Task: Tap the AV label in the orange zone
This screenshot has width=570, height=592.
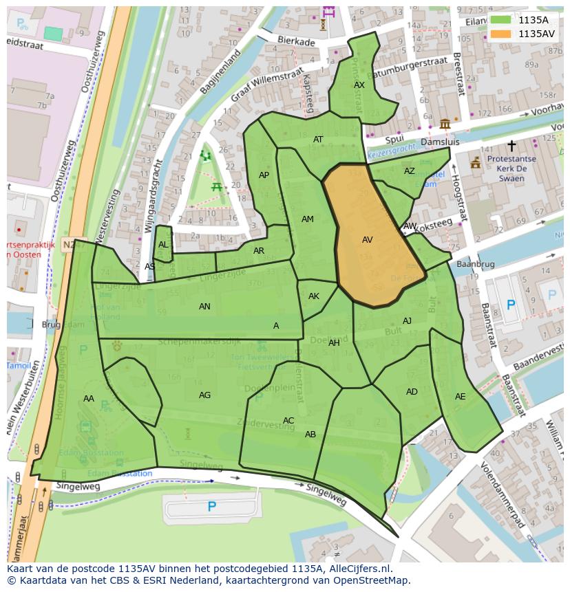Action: click(x=367, y=240)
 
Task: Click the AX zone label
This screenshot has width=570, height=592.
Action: click(x=359, y=85)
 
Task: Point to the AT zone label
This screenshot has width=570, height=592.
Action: click(x=318, y=140)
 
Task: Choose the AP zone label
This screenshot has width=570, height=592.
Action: click(x=264, y=175)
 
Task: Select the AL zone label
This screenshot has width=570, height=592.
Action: click(x=163, y=245)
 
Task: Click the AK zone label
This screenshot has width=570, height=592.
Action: click(x=314, y=296)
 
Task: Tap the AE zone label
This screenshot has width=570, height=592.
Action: click(x=461, y=397)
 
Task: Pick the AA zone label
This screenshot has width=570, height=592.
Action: click(x=89, y=399)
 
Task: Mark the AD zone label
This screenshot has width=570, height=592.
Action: click(x=412, y=392)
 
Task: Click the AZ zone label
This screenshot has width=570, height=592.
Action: click(x=410, y=171)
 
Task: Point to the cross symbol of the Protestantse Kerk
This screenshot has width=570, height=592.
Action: click(x=511, y=146)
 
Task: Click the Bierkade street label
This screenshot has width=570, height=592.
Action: click(x=296, y=42)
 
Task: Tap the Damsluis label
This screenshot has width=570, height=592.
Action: click(x=440, y=141)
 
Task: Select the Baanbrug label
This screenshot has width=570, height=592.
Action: click(x=476, y=264)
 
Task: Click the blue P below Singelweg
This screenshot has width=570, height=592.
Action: click(x=212, y=507)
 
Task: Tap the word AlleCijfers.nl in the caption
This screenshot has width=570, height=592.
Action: click(x=358, y=569)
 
